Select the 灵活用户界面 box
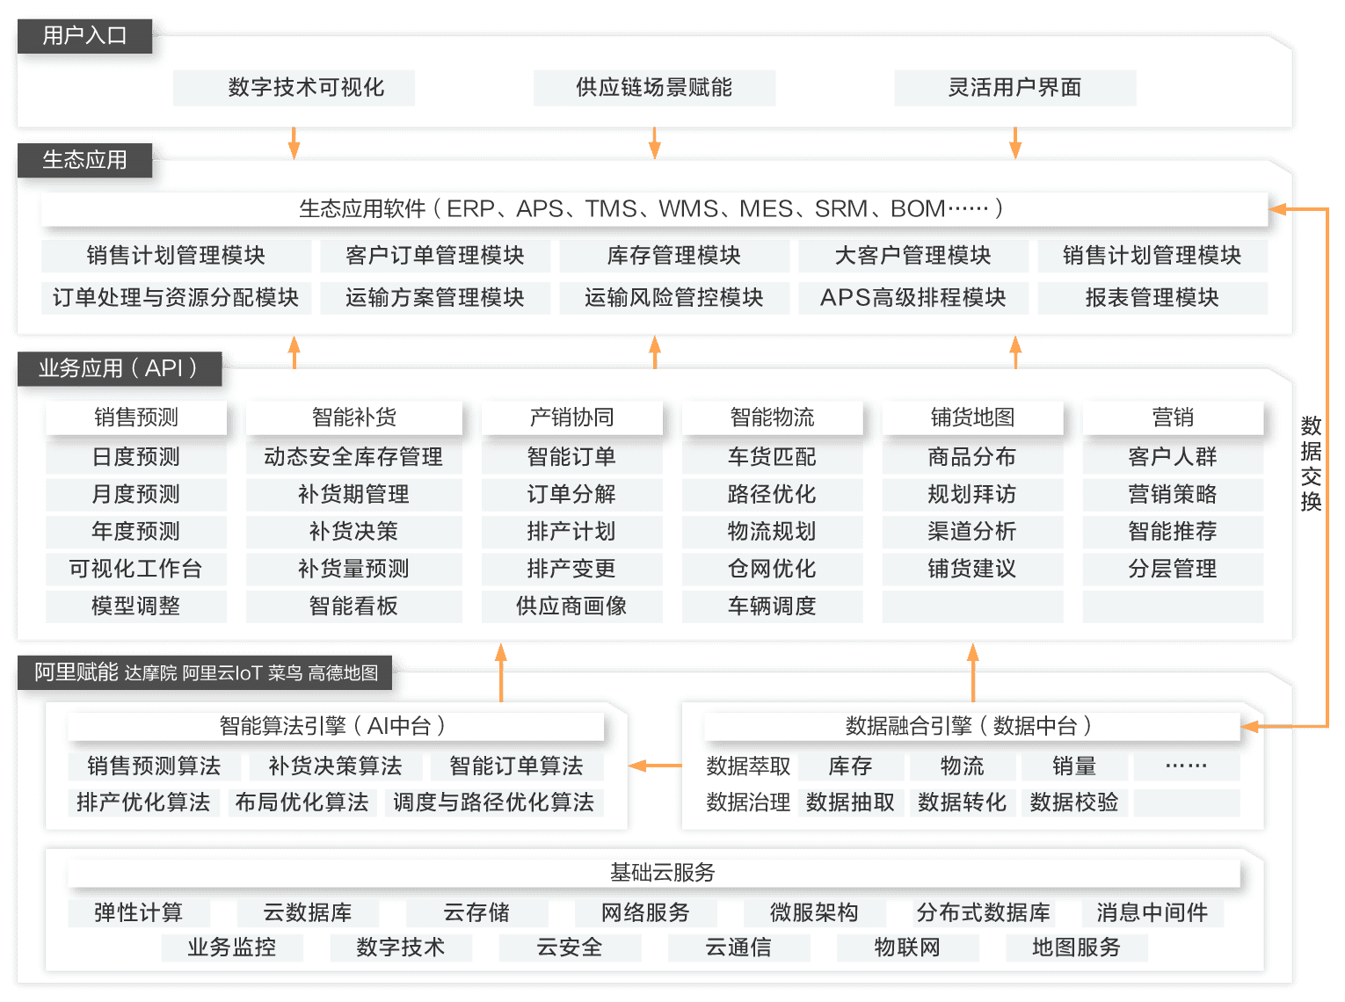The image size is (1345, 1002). (x=1014, y=88)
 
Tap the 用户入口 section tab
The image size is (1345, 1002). (x=84, y=36)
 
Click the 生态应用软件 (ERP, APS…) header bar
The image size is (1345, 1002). (x=653, y=209)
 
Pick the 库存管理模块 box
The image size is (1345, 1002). (x=673, y=256)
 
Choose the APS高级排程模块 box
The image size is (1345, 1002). (x=912, y=298)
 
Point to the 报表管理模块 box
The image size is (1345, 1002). (x=1152, y=298)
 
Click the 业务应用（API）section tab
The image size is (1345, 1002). (x=117, y=368)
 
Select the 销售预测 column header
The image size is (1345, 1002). (x=136, y=417)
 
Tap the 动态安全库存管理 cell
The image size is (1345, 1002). (x=353, y=457)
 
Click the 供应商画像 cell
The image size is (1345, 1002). (x=571, y=606)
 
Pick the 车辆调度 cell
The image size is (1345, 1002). (x=772, y=606)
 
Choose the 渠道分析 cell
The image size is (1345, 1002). (x=972, y=532)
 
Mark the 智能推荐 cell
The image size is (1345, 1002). (x=1173, y=532)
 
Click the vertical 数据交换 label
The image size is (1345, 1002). (x=1311, y=464)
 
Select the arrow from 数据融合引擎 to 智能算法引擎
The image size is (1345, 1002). (x=655, y=766)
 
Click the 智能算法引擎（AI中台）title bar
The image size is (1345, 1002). (x=335, y=726)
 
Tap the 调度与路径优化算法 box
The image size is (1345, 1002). (x=493, y=802)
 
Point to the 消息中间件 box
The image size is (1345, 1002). (x=1152, y=912)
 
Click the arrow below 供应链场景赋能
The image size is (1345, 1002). (x=654, y=142)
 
